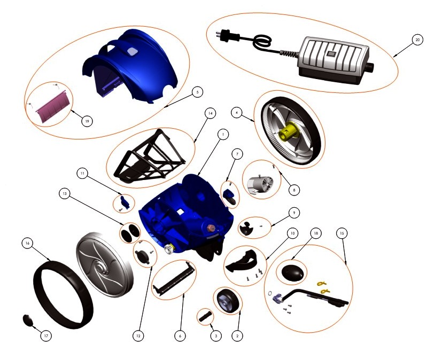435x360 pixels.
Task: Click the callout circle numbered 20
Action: pos(417,40)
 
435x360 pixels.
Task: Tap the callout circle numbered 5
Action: pos(197,92)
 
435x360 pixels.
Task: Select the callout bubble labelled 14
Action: pos(211,113)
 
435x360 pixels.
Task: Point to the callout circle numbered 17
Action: pos(46,336)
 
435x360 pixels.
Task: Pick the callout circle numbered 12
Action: pos(138,336)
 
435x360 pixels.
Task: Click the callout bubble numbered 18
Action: pos(316,233)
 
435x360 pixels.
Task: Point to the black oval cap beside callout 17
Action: pos(28,320)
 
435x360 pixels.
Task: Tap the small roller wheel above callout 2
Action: pos(228,301)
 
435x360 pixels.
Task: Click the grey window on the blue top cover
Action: pos(133,51)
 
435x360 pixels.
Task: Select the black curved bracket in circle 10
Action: pos(243,260)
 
